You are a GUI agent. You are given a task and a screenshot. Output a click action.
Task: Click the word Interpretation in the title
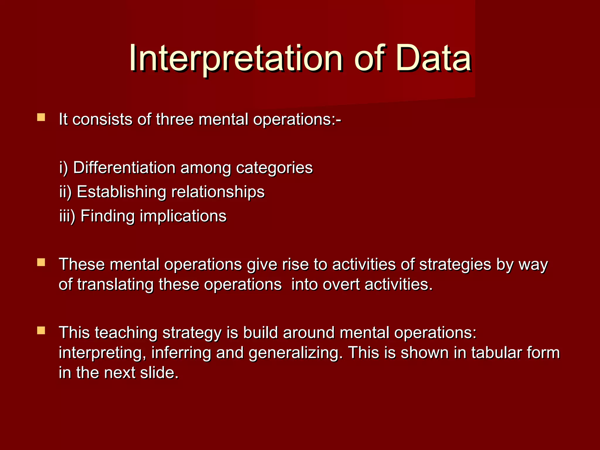click(x=236, y=59)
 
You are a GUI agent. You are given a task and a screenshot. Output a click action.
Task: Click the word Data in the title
click(x=434, y=59)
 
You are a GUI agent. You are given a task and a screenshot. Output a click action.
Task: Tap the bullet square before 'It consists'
click(x=41, y=117)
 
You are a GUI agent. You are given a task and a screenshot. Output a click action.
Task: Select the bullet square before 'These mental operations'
click(x=41, y=262)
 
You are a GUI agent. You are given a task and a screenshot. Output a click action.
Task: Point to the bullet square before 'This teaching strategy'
click(x=41, y=331)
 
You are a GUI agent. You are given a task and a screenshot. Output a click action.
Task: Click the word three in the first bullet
click(x=175, y=120)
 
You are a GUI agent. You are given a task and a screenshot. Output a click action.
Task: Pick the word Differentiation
click(x=124, y=168)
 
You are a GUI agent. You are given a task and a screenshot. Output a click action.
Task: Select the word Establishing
click(x=122, y=192)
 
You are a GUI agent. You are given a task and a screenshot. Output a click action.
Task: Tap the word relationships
click(x=218, y=192)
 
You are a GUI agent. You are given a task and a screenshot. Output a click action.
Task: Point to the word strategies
click(x=455, y=265)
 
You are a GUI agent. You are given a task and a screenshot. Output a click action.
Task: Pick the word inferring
click(x=181, y=353)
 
